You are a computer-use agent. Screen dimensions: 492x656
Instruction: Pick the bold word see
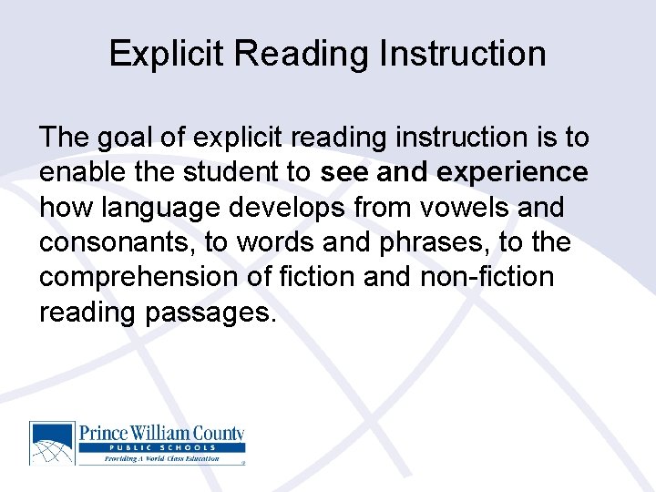click(344, 173)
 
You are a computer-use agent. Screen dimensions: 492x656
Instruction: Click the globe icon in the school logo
click(52, 443)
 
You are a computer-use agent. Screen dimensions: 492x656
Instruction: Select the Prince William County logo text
click(162, 434)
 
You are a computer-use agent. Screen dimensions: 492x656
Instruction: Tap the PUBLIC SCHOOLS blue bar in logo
click(161, 448)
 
